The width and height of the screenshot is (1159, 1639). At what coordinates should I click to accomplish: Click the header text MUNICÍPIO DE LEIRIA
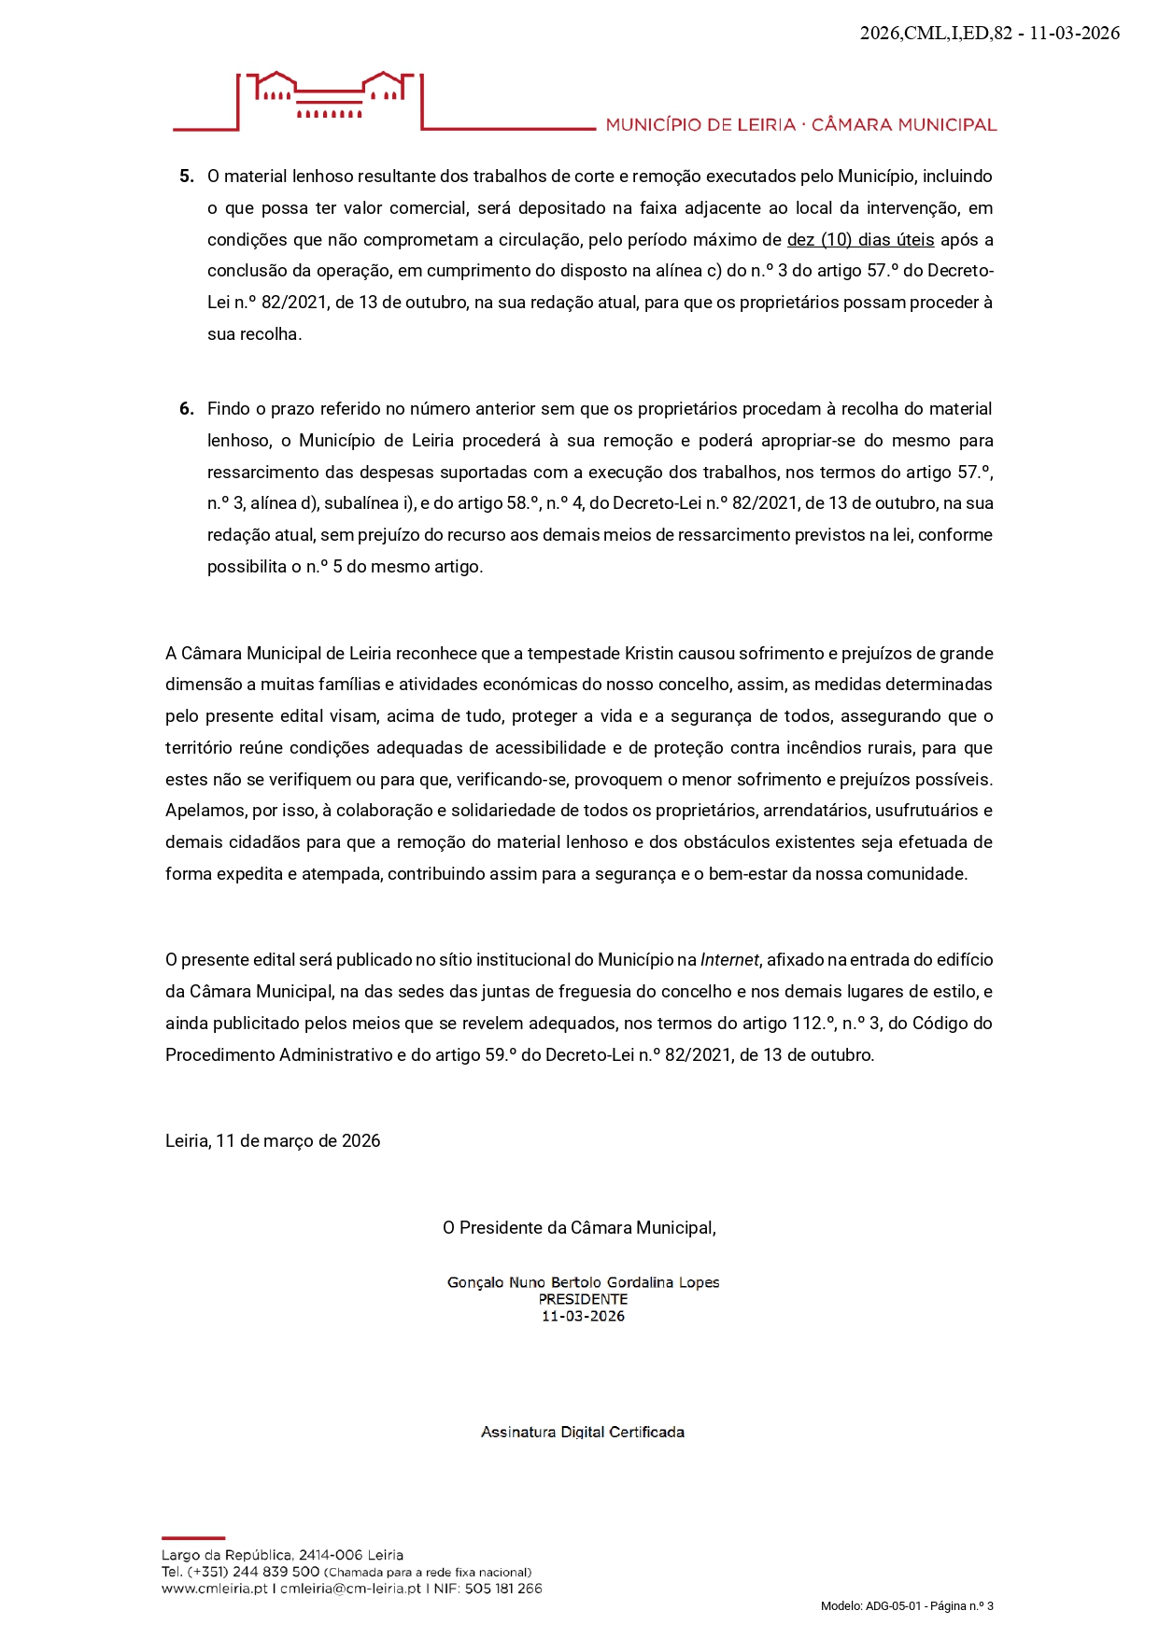tap(700, 125)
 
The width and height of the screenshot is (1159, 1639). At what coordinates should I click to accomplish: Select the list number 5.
tap(187, 177)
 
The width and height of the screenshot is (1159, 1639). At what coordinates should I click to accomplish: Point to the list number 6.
tap(187, 409)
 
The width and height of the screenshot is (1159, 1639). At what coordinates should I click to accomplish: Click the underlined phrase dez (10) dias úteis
tap(860, 240)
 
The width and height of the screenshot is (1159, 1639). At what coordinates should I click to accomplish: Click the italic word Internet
tap(729, 960)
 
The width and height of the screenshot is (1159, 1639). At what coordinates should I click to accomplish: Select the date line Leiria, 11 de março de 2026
tap(273, 1141)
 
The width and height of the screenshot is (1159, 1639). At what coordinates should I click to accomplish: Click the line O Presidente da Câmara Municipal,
tap(579, 1228)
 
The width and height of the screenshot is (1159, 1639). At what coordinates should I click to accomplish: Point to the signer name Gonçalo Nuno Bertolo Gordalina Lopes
tap(583, 1282)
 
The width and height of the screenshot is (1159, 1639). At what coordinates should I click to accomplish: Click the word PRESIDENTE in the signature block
tap(583, 1299)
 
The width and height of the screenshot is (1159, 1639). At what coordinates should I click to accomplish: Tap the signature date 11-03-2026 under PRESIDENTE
tap(583, 1316)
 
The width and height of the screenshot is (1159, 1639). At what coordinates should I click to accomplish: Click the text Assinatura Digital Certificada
tap(582, 1432)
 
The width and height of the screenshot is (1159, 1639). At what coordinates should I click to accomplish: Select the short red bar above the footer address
tap(193, 1537)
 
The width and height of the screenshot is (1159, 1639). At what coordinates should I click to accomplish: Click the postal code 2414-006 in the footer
tap(331, 1555)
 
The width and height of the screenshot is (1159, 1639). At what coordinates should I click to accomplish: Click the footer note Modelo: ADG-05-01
tap(870, 1606)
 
